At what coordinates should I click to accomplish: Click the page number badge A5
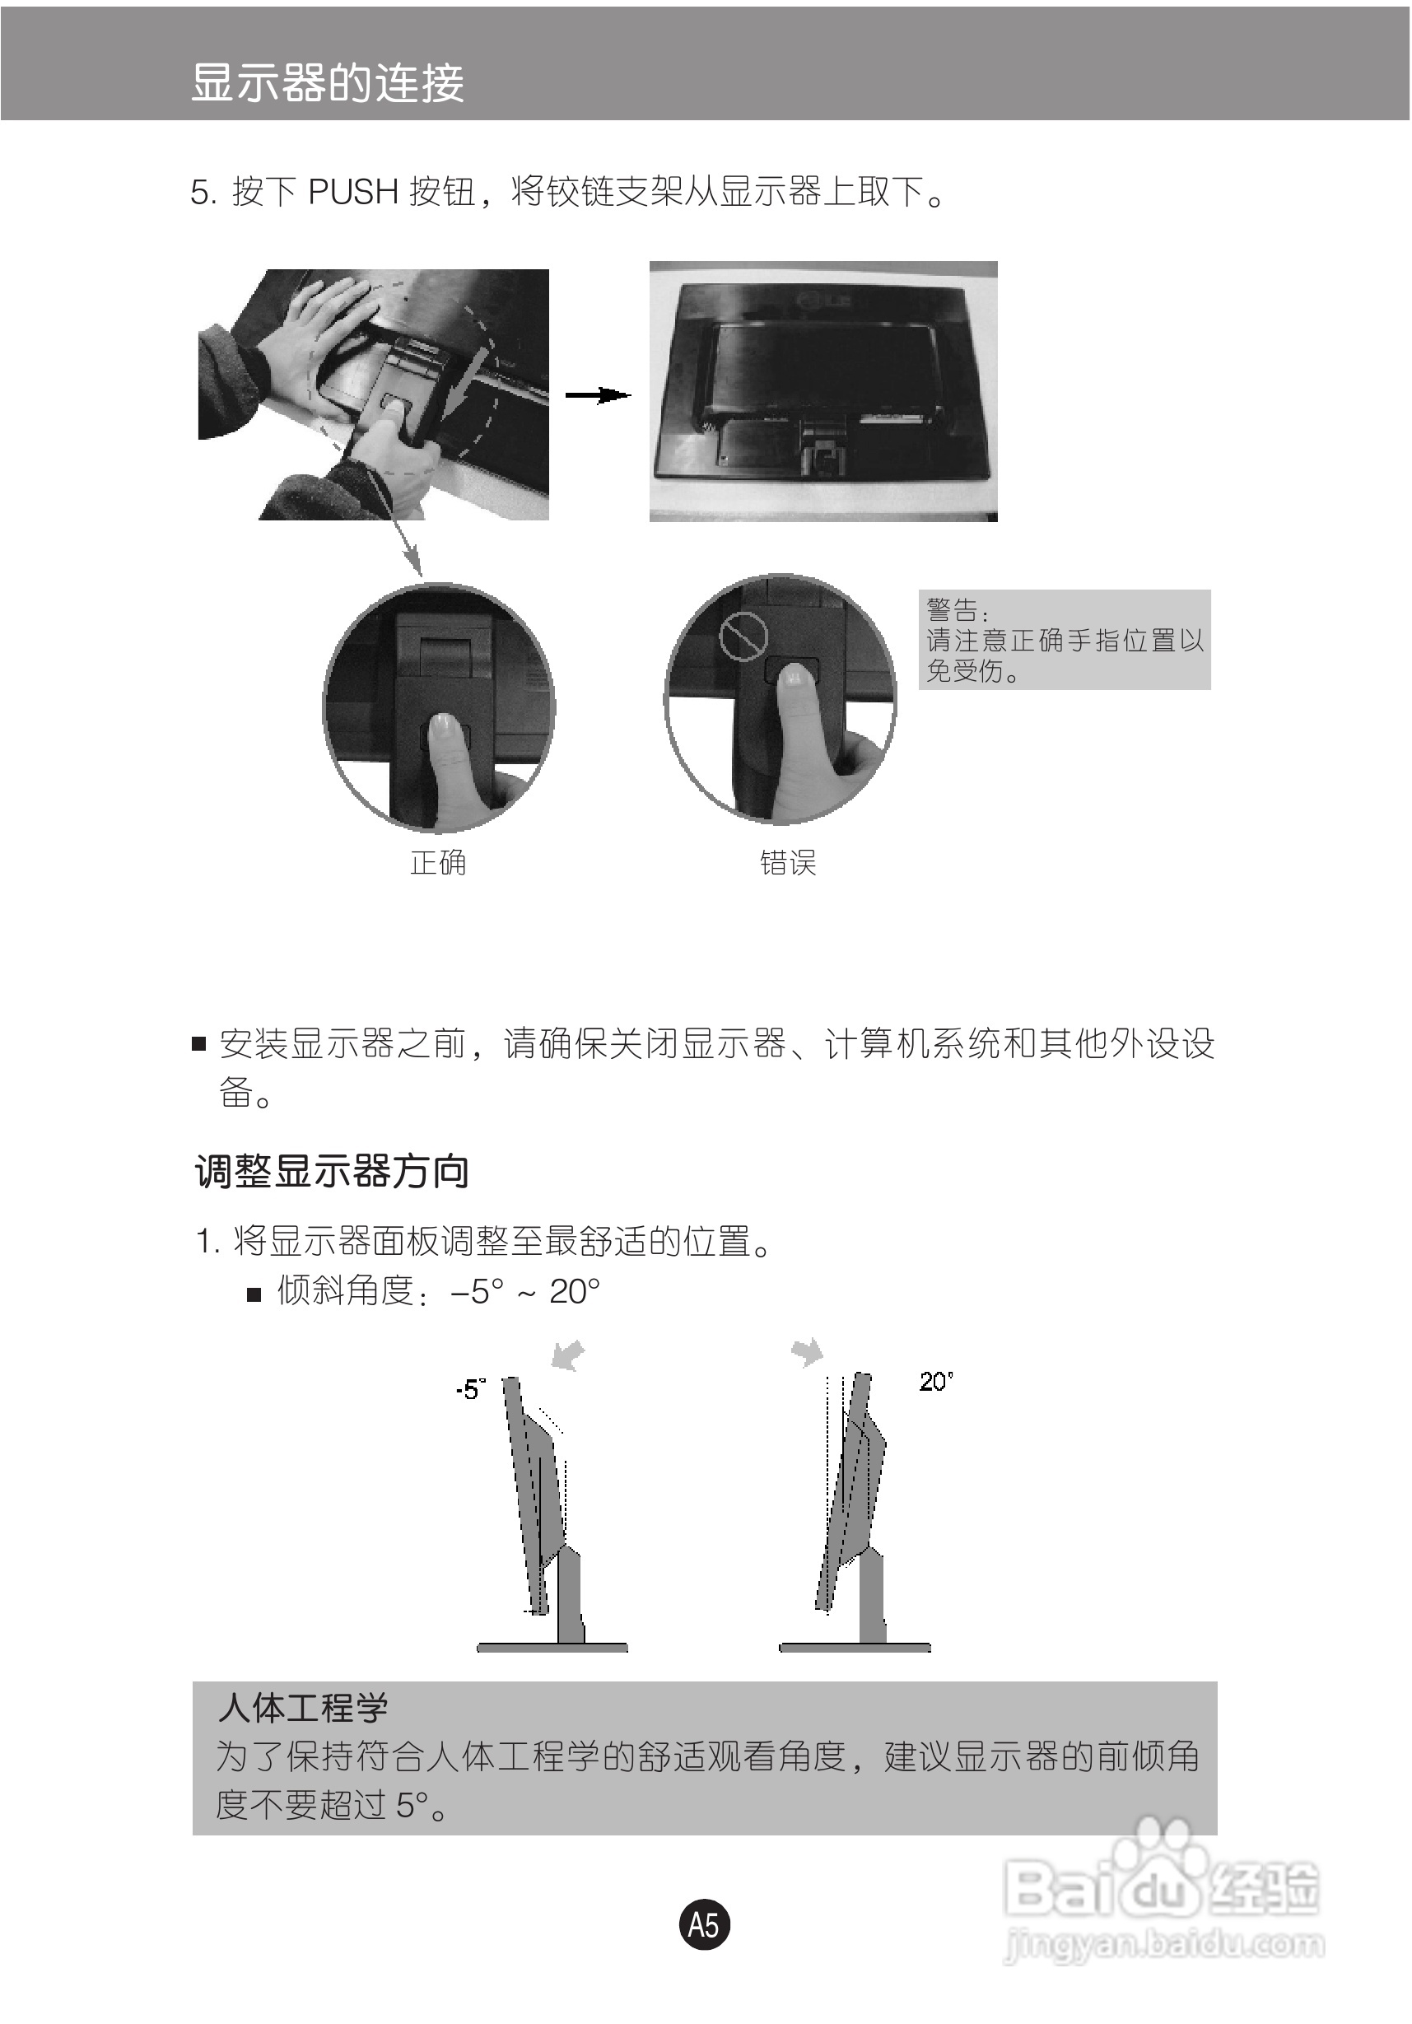point(703,1924)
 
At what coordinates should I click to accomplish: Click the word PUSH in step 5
point(352,192)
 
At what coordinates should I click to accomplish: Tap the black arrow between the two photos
point(598,395)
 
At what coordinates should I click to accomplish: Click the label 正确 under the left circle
point(437,862)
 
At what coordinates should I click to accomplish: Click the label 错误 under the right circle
point(788,862)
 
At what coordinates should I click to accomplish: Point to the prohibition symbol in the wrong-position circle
point(743,635)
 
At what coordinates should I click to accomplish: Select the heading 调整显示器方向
point(332,1173)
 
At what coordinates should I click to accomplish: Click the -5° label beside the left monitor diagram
point(470,1389)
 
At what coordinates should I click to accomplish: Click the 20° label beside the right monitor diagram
point(935,1380)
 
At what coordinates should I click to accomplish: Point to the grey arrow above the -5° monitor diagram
point(567,1355)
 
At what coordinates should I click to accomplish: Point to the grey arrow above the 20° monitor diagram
point(808,1351)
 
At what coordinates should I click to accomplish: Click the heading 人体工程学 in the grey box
point(302,1709)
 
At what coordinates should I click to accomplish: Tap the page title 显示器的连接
point(327,83)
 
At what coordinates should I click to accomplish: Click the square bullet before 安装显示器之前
point(199,1045)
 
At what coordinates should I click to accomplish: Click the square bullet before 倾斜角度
point(254,1295)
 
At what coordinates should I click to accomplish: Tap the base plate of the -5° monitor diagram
point(552,1647)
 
